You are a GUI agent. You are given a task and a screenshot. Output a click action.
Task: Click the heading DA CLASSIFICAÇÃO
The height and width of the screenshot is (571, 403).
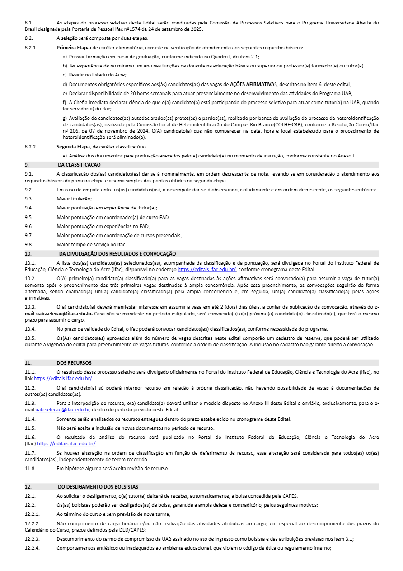pos(79,165)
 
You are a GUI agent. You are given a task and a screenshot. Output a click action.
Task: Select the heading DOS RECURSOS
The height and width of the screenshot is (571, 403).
pos(74,363)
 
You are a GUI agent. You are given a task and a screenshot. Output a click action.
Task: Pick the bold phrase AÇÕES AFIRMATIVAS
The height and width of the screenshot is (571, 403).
pos(252,84)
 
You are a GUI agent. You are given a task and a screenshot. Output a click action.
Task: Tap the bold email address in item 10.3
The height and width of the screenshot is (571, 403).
pos(64,313)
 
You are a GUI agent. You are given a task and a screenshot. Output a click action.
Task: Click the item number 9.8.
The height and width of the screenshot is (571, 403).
pos(29,245)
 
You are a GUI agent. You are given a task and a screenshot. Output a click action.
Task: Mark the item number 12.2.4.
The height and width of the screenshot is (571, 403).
pos(32,548)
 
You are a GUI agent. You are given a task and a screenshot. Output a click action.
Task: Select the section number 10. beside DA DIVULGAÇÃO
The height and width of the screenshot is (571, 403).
pos(28,254)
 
